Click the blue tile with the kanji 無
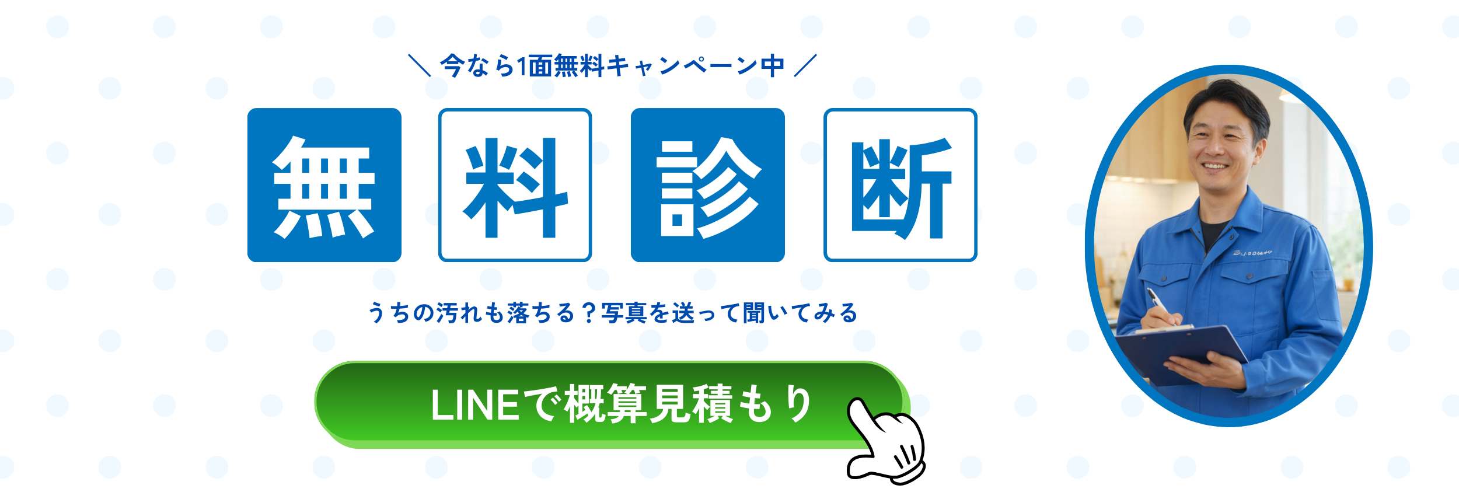[324, 185]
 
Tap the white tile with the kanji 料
[515, 185]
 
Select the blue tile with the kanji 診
[708, 185]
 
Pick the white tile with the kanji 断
[900, 185]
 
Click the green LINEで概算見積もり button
[612, 404]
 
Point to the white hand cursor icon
[886, 441]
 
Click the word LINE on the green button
[474, 405]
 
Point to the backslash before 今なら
[420, 65]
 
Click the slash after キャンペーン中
[805, 65]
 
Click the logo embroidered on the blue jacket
[1252, 253]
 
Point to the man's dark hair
[1226, 99]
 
